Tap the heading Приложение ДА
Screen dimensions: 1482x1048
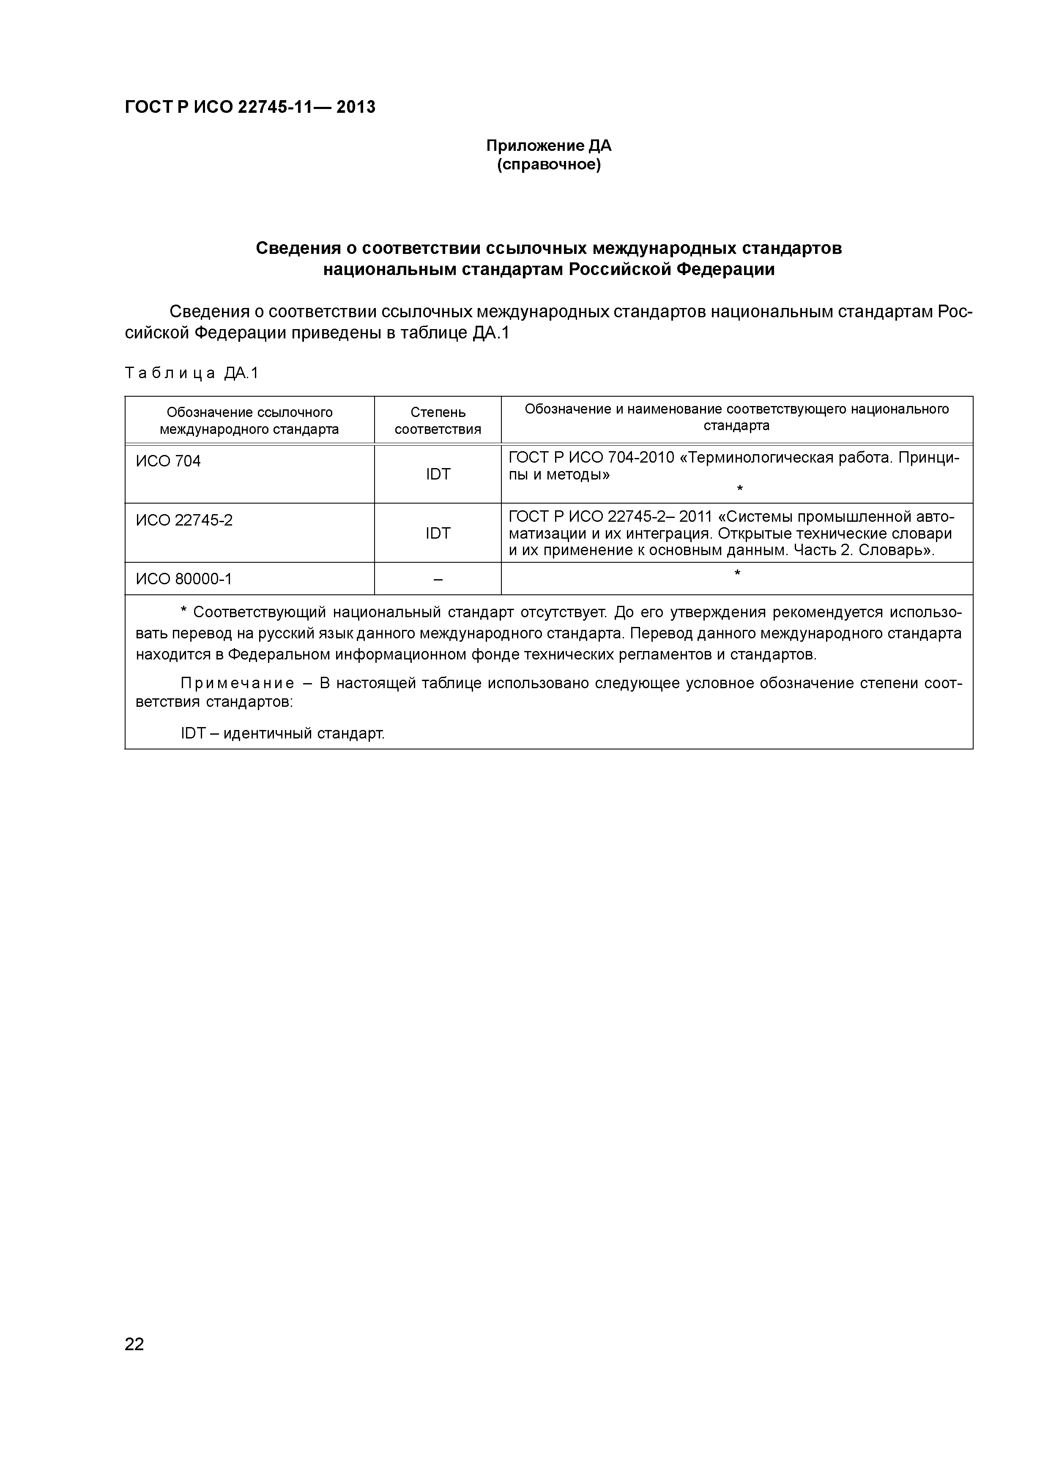(x=548, y=146)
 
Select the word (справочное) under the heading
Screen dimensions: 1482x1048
(x=548, y=165)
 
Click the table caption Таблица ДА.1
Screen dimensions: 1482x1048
(x=191, y=373)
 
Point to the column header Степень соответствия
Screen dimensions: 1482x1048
(x=438, y=421)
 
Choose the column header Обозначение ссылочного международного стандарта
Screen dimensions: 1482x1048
(x=249, y=421)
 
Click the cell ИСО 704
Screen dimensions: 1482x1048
(x=168, y=461)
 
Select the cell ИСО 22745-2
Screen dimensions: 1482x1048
(x=184, y=520)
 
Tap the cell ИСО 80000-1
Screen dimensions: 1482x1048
(x=184, y=579)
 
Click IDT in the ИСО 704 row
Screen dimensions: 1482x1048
(x=438, y=474)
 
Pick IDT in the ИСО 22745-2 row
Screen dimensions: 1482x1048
(x=438, y=533)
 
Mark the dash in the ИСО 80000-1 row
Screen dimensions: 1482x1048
(x=438, y=580)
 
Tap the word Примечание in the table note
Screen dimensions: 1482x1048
(x=237, y=684)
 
